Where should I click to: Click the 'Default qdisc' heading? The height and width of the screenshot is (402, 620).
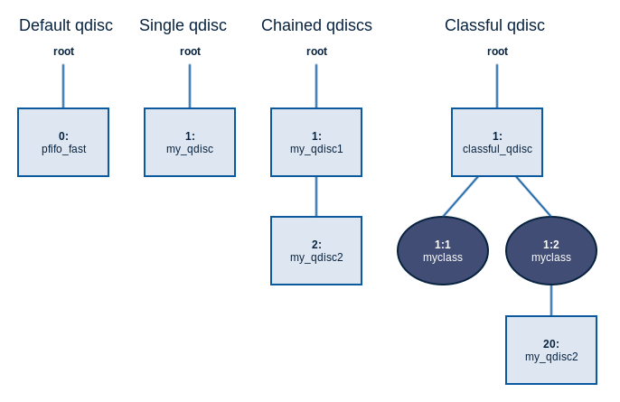pyautogui.click(x=66, y=25)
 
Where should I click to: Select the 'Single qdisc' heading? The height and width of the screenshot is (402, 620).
pyautogui.click(x=183, y=25)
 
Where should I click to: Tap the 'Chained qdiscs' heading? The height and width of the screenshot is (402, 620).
pyautogui.click(x=316, y=25)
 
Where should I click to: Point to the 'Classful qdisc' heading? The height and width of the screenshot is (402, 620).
pyautogui.click(x=494, y=25)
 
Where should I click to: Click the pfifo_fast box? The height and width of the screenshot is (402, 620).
pyautogui.click(x=63, y=143)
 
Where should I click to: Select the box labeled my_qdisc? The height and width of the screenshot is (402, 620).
pyautogui.click(x=190, y=143)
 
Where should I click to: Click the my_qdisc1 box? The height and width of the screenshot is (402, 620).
pyautogui.click(x=316, y=143)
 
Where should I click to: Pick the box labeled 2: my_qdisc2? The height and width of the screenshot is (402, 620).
pyautogui.click(x=316, y=250)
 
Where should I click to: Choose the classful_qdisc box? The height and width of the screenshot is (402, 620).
pyautogui.click(x=497, y=143)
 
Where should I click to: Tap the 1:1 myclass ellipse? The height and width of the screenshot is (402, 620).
pyautogui.click(x=443, y=250)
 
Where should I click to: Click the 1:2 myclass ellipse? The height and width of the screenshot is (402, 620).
pyautogui.click(x=551, y=250)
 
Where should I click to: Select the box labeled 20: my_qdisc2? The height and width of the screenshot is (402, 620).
pyautogui.click(x=551, y=350)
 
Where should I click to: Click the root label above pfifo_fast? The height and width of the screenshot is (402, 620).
pyautogui.click(x=63, y=51)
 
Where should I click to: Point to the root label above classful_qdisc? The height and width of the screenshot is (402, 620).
pyautogui.click(x=497, y=51)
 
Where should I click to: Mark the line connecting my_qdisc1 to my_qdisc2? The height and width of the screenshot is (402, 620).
pyautogui.click(x=316, y=196)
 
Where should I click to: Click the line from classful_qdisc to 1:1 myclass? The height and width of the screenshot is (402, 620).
pyautogui.click(x=460, y=196)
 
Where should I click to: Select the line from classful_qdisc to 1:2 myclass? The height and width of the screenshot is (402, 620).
pyautogui.click(x=533, y=196)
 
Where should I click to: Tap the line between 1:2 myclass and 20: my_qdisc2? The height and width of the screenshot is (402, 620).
pyautogui.click(x=551, y=301)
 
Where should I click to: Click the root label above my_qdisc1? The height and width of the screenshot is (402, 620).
pyautogui.click(x=316, y=51)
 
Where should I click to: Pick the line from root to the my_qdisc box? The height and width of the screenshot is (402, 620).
pyautogui.click(x=190, y=86)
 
